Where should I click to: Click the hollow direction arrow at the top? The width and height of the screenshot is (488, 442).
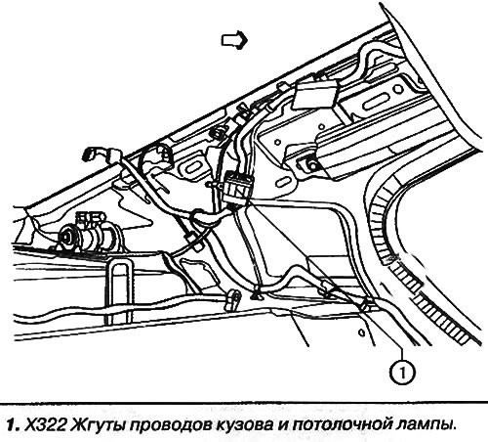click(234, 40)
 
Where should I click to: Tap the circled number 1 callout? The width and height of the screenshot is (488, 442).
click(403, 372)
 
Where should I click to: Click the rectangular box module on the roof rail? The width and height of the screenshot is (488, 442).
click(315, 95)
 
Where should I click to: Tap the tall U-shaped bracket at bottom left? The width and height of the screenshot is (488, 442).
click(120, 290)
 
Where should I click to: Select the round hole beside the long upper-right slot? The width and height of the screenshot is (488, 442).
click(398, 89)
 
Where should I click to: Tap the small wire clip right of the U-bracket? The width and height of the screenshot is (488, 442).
click(233, 300)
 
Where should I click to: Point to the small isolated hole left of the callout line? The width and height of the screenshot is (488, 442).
click(360, 332)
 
